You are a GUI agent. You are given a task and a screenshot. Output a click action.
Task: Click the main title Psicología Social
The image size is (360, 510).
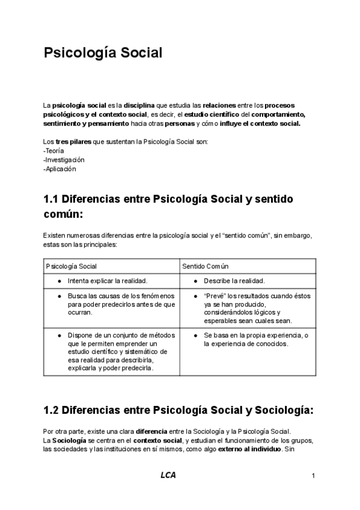(x=103, y=54)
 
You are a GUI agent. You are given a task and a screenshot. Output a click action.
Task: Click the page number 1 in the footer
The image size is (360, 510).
(x=314, y=476)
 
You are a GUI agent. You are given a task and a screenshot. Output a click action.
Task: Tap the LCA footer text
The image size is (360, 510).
(x=169, y=476)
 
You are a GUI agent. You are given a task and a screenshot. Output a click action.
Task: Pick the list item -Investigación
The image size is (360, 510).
(x=64, y=160)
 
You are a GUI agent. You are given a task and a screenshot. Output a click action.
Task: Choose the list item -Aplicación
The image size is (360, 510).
(x=60, y=169)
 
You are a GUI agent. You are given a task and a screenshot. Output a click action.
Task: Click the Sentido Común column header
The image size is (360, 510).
(x=205, y=266)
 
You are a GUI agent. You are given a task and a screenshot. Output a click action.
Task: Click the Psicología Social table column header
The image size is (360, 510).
(x=72, y=266)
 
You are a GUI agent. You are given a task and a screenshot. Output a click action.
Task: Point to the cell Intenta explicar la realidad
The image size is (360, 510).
(x=108, y=281)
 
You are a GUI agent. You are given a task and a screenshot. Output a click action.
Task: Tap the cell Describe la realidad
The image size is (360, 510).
(x=234, y=281)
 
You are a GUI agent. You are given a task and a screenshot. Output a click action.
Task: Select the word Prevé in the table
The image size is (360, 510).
(x=214, y=296)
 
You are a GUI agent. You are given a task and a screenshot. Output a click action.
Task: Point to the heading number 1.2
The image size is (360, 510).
(x=52, y=411)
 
